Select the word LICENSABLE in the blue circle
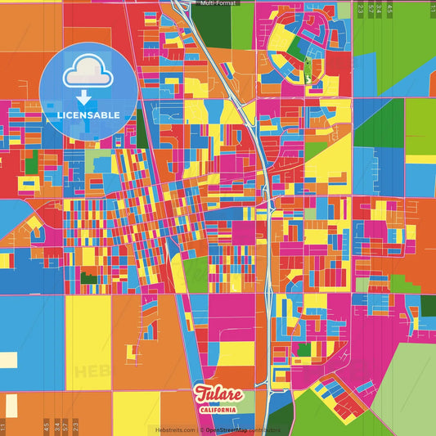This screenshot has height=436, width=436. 88,115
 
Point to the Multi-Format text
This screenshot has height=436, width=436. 218,3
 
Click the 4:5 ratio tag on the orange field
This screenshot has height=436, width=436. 47,426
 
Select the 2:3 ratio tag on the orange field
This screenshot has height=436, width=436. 75,426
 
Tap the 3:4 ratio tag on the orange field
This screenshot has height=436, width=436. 56,426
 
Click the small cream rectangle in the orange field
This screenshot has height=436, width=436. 7,359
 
